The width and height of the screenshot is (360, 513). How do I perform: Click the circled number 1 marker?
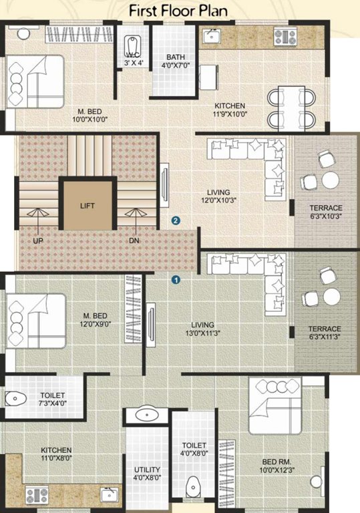[176, 281]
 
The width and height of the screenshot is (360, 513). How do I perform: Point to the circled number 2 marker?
[176, 220]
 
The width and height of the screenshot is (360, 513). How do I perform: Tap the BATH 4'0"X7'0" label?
[176, 69]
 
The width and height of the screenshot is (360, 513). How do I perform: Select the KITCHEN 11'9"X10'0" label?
[229, 110]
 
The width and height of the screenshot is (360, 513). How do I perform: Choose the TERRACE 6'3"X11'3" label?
[325, 333]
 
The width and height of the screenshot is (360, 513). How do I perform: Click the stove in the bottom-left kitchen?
[36, 495]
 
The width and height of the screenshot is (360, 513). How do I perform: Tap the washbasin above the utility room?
[146, 415]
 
